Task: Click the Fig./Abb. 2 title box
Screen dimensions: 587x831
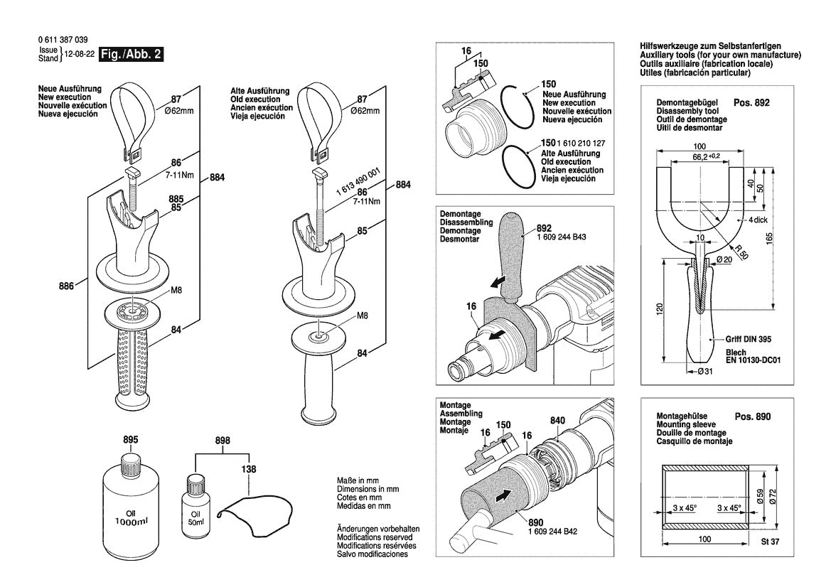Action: (x=132, y=55)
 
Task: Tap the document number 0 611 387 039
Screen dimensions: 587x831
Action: (x=63, y=40)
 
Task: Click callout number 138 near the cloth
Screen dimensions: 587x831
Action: (x=248, y=470)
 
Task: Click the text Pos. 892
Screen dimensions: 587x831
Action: (x=751, y=102)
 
